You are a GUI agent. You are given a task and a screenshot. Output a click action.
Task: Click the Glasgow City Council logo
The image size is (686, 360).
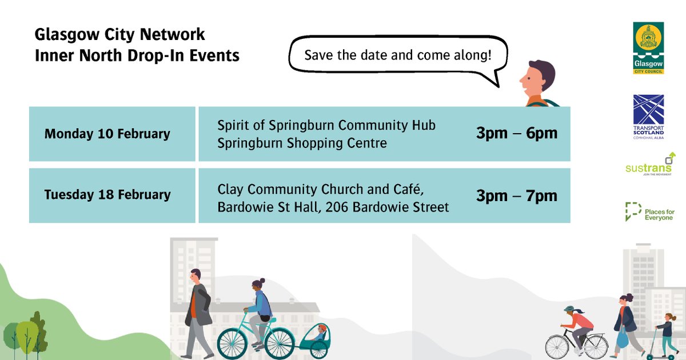tap(648, 49)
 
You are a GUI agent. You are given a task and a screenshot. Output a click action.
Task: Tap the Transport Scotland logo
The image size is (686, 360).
tap(648, 117)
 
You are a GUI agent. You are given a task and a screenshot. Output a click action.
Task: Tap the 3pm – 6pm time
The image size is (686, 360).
tap(516, 134)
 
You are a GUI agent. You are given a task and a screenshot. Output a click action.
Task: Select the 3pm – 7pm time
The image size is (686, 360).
tap(516, 196)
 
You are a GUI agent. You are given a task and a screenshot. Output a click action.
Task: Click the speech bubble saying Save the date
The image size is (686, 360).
tap(398, 57)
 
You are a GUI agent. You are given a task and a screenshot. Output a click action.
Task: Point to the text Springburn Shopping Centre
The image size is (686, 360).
tap(302, 143)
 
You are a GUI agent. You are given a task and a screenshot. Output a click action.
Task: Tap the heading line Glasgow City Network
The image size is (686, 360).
tap(119, 34)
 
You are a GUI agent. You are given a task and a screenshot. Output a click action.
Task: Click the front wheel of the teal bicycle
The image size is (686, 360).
tap(236, 341)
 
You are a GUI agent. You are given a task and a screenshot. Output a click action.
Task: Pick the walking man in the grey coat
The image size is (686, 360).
tap(198, 311)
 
